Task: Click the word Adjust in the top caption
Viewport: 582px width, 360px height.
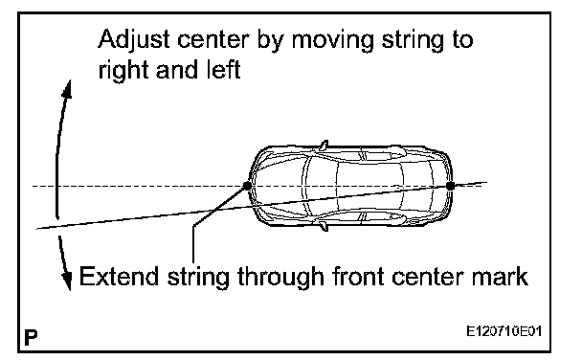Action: (134, 40)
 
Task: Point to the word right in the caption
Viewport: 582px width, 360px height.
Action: (123, 70)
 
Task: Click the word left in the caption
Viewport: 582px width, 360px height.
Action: (223, 69)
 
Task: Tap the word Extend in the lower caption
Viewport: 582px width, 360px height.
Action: (119, 277)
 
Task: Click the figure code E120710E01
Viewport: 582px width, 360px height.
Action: (504, 330)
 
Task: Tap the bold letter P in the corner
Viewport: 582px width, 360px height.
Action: (32, 337)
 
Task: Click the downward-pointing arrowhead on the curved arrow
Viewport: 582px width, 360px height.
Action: (67, 281)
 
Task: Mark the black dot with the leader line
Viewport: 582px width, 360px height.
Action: (247, 186)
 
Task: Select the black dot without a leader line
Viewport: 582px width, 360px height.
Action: (450, 186)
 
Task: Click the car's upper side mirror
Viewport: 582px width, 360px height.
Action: (324, 146)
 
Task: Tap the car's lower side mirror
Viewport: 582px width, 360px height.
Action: (324, 226)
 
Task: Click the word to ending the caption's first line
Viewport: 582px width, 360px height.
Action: (462, 39)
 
